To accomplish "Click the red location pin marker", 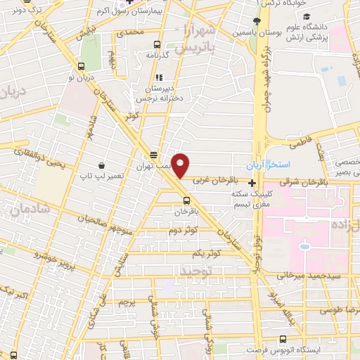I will point(181,165).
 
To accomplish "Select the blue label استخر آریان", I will point(262,165).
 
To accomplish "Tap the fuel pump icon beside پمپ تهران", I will point(154,155).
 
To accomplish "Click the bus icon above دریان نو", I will point(79,67).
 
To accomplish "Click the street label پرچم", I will point(126,303).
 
